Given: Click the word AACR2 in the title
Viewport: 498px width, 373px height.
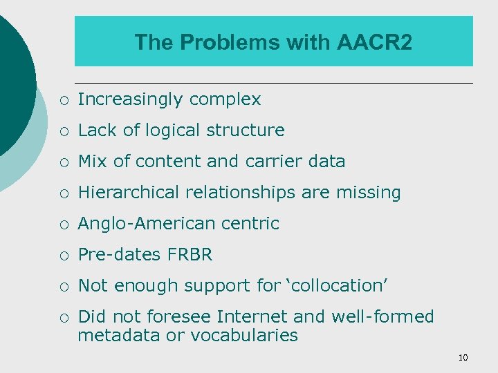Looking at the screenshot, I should pos(375,43).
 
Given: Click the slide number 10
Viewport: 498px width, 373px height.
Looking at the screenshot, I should pos(463,357).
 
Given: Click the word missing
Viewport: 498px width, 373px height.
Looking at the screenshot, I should pos(369,193).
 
